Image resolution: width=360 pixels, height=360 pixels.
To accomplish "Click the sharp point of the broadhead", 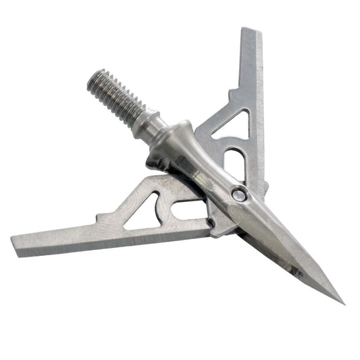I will pos(342,303).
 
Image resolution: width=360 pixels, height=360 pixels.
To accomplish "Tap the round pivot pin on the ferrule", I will pos(238,195).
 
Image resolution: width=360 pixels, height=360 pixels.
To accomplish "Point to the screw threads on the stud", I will pos(117,96).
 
